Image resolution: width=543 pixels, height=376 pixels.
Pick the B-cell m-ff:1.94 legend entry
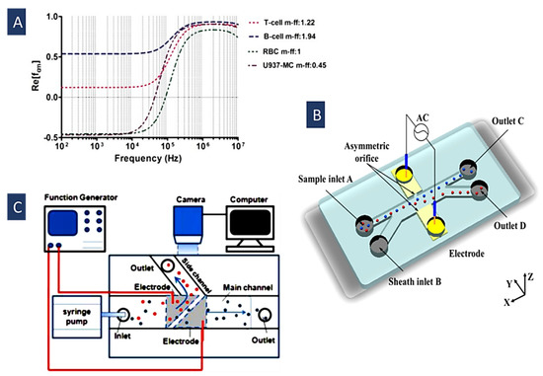pyautogui.click(x=323, y=36)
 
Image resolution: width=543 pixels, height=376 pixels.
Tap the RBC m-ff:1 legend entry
pyautogui.click(x=317, y=51)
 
